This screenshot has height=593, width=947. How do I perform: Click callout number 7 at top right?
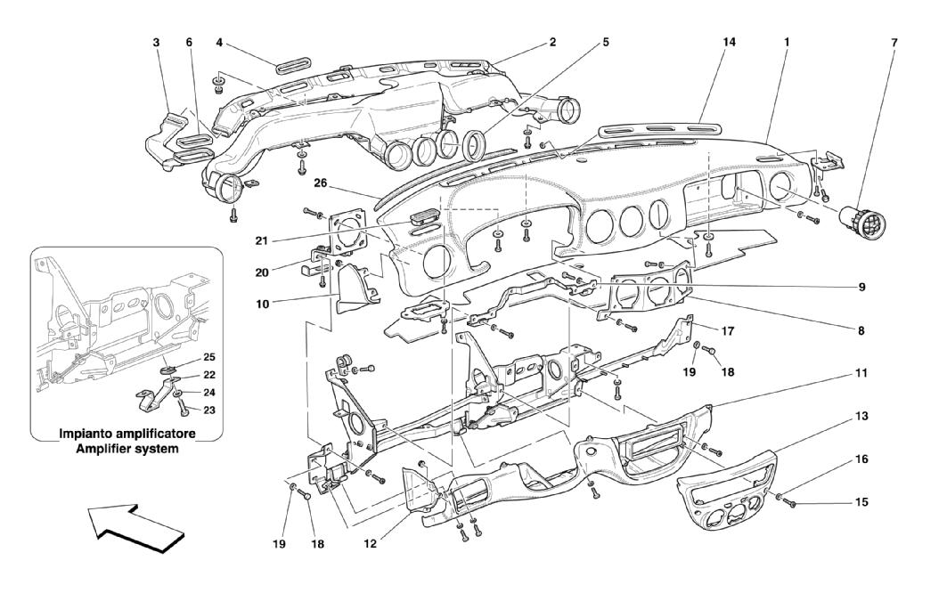pyautogui.click(x=894, y=42)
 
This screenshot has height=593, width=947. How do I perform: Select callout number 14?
pyautogui.click(x=729, y=42)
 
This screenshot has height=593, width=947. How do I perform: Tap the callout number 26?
pyautogui.click(x=320, y=183)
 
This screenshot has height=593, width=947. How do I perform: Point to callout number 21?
pyautogui.click(x=261, y=240)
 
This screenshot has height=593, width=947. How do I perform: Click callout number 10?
pyautogui.click(x=262, y=304)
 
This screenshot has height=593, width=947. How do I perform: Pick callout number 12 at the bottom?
pyautogui.click(x=371, y=543)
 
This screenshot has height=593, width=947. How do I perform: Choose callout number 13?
pyautogui.click(x=861, y=416)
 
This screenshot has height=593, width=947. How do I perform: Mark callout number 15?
pyautogui.click(x=861, y=502)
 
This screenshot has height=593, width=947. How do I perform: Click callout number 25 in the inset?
pyautogui.click(x=209, y=357)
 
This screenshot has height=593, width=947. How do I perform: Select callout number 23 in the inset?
pyautogui.click(x=209, y=410)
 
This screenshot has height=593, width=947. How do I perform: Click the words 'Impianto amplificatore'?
pyautogui.click(x=127, y=434)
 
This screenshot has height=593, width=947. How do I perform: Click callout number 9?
pyautogui.click(x=861, y=287)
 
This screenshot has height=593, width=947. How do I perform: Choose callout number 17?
pyautogui.click(x=728, y=331)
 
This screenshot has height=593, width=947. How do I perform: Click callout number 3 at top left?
pyautogui.click(x=156, y=42)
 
